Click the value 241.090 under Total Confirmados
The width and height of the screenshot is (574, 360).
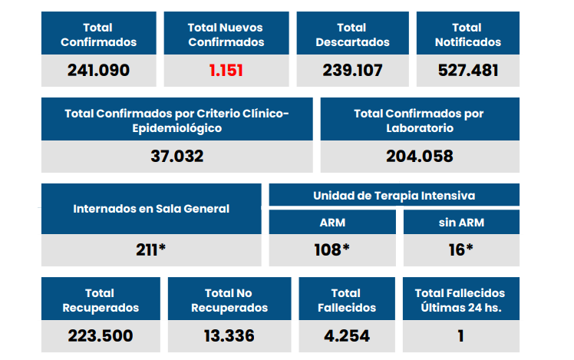(x=98, y=71)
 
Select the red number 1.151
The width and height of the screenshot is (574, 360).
(x=226, y=71)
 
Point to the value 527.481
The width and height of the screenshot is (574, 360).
(x=468, y=71)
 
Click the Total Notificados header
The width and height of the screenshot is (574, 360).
(x=468, y=35)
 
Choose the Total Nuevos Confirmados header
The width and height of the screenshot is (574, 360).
(x=226, y=35)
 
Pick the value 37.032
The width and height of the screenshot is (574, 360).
(x=177, y=157)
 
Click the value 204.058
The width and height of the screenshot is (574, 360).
(x=419, y=157)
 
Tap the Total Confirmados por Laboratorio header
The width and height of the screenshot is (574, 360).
(x=419, y=121)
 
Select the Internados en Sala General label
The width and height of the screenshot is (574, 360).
(x=151, y=209)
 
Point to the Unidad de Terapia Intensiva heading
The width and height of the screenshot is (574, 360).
(x=394, y=196)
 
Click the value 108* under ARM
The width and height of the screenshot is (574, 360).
(x=332, y=249)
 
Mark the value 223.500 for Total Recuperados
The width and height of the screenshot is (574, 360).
(x=101, y=335)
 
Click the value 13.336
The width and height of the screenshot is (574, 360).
(x=229, y=335)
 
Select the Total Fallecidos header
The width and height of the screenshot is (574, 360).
(x=345, y=300)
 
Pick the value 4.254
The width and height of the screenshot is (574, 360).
(x=345, y=335)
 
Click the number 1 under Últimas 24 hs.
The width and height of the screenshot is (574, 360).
(x=460, y=335)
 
